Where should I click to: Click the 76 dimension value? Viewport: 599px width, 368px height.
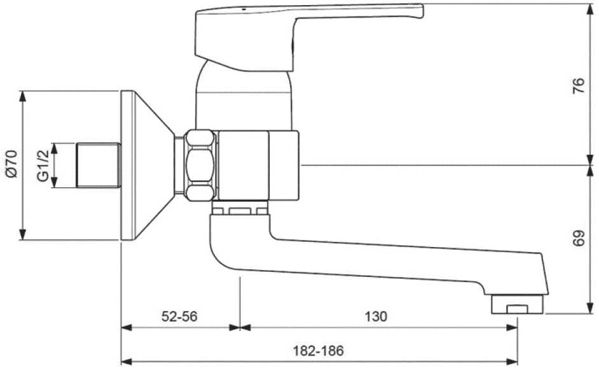click(577, 85)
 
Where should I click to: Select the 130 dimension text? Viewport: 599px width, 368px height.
click(377, 316)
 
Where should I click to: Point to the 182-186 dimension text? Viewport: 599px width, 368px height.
click(318, 350)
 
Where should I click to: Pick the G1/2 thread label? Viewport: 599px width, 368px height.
click(42, 166)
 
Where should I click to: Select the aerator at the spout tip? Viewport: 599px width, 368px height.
click(518, 304)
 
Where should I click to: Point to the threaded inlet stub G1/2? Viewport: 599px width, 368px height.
click(98, 166)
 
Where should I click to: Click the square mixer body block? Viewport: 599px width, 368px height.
click(257, 166)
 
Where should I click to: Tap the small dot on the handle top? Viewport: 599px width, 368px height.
click(242, 10)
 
